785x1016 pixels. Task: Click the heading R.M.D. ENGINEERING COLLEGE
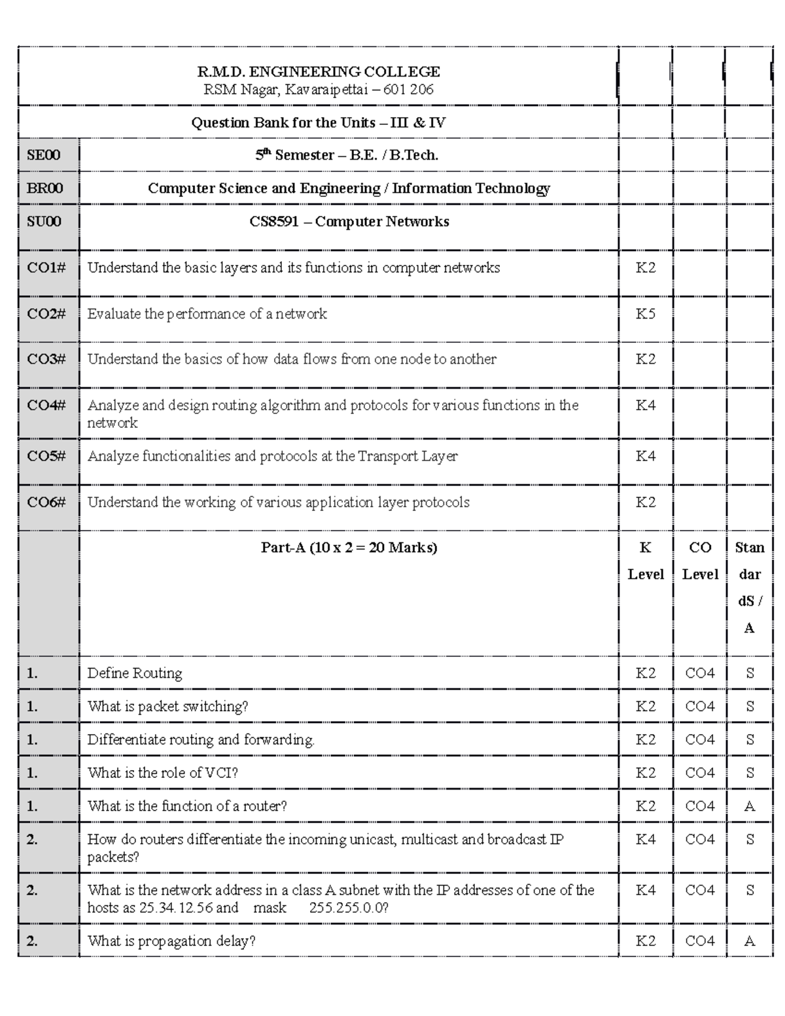(x=319, y=71)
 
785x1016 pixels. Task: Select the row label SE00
(x=43, y=155)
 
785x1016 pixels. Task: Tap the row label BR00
(x=44, y=188)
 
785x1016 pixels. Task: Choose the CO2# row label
(x=46, y=314)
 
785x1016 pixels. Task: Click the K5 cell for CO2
(x=645, y=314)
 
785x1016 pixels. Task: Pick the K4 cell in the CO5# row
(x=645, y=456)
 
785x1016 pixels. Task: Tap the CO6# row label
(x=46, y=502)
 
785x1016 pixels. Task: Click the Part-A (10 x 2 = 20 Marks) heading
(x=349, y=548)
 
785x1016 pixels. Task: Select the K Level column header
(x=645, y=561)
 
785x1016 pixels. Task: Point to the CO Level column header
(x=699, y=561)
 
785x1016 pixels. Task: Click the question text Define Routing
(x=135, y=673)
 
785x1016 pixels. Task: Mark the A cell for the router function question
(x=750, y=807)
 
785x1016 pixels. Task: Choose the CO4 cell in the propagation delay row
(x=699, y=941)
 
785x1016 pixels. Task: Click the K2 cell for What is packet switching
(x=645, y=707)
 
